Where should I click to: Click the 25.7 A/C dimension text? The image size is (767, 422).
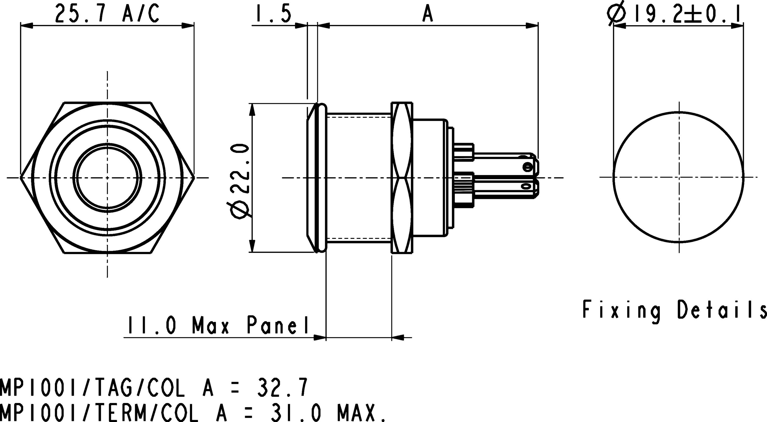tap(107, 14)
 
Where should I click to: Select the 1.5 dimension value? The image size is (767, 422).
tap(273, 14)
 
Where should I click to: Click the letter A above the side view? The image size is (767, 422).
tap(428, 14)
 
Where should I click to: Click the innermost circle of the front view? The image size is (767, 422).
tap(107, 178)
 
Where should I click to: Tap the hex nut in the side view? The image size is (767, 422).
tap(402, 178)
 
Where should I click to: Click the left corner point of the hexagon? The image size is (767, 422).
tap(21, 178)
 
